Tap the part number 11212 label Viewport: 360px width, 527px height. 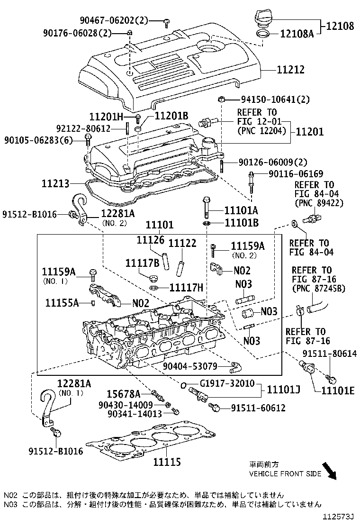[x=290, y=70]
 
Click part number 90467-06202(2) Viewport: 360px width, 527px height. [x=114, y=20]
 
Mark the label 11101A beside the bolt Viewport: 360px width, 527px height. [x=241, y=210]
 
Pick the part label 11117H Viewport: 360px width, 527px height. [x=186, y=287]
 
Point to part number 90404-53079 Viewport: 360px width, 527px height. [x=190, y=366]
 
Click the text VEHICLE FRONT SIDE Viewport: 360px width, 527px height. [x=285, y=473]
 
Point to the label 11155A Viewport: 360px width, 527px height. [x=62, y=303]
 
